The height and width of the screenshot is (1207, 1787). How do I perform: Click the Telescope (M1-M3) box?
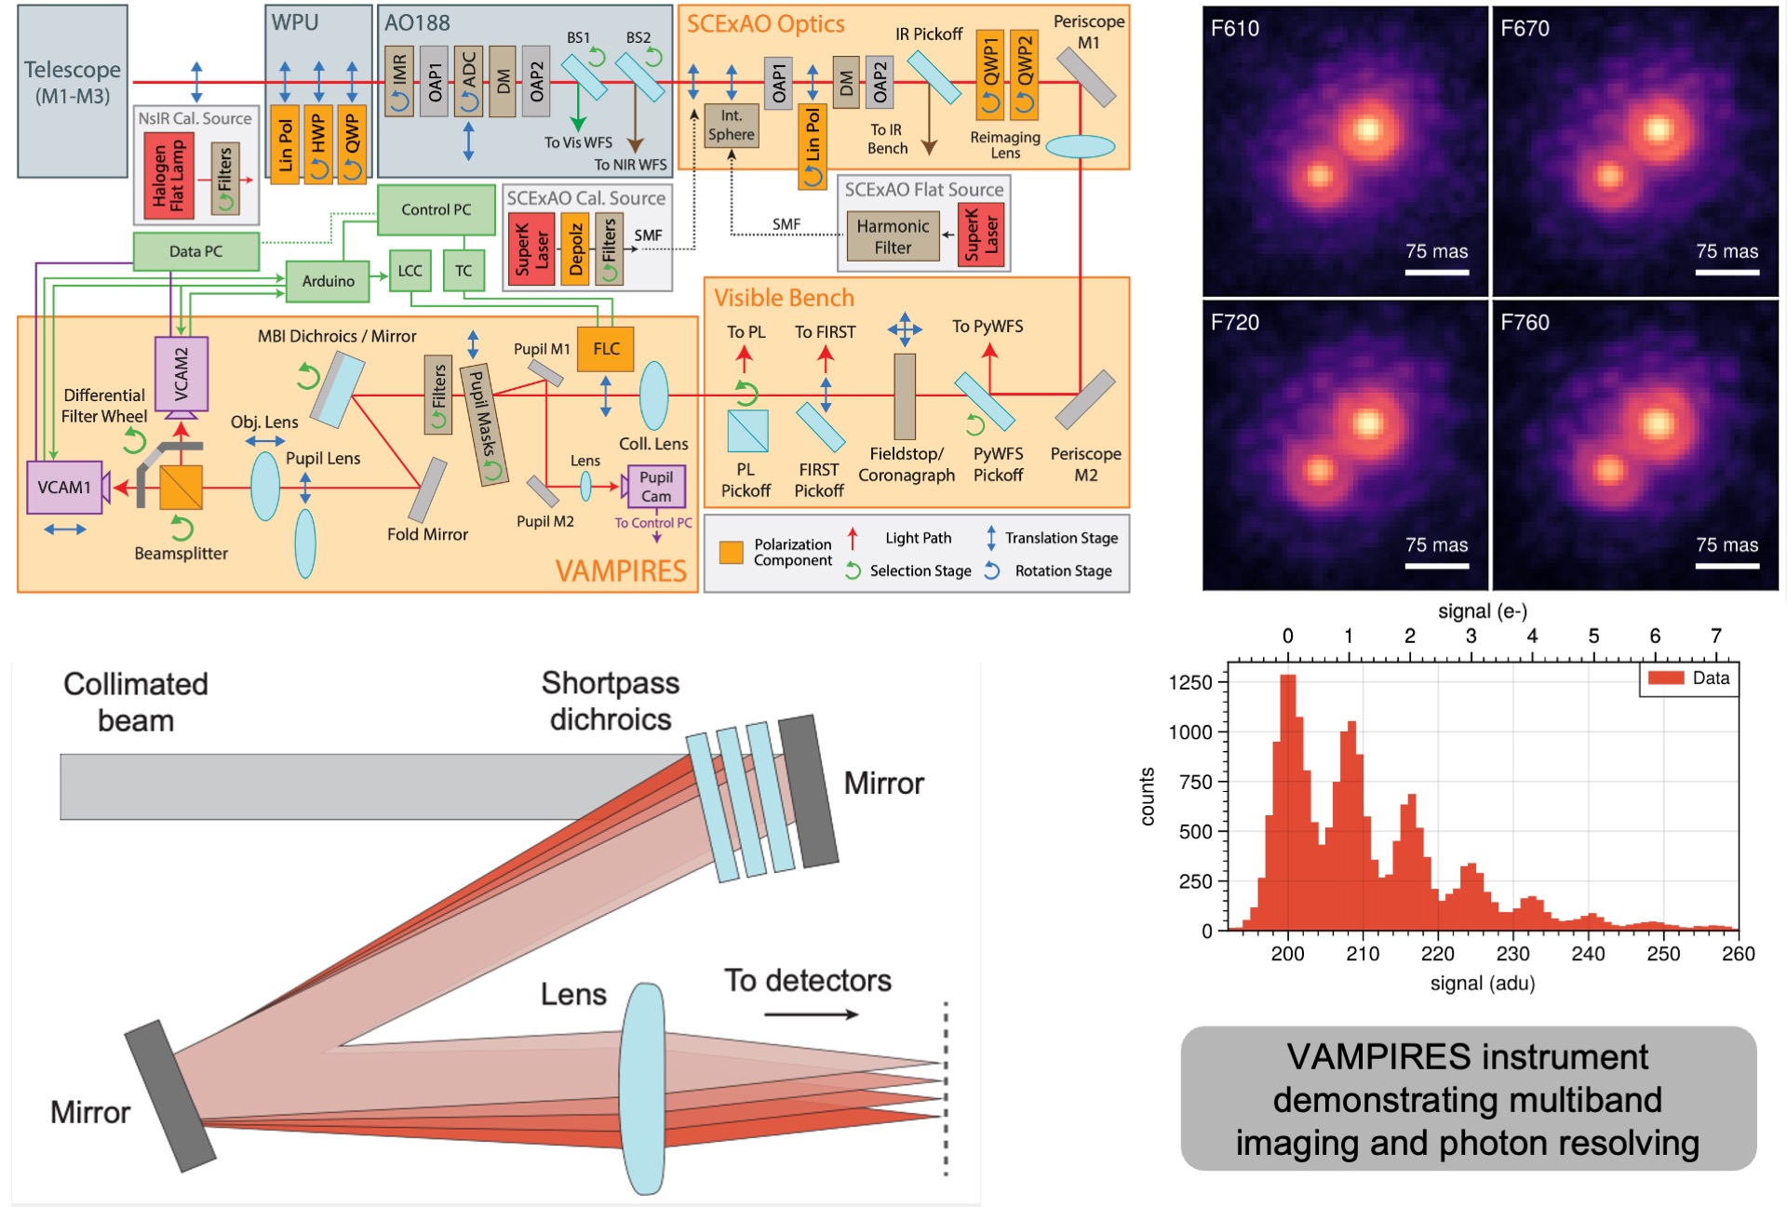[73, 90]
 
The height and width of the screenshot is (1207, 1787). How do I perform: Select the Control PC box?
[436, 209]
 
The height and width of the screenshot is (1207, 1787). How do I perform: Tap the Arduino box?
[328, 280]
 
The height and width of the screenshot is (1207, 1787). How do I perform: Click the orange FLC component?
[606, 349]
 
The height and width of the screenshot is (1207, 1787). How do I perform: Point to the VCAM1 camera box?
[64, 487]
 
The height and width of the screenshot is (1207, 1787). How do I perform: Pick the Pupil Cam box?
[656, 487]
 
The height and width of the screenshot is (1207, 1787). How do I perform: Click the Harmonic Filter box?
[893, 237]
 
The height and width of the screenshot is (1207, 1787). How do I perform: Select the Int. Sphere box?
[731, 126]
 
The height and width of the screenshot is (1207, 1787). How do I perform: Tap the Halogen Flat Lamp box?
[169, 176]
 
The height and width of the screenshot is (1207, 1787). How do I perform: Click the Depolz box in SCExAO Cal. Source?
[576, 248]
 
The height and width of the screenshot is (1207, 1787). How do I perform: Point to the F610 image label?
[1235, 29]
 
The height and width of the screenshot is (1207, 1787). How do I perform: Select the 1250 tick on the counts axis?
[1190, 682]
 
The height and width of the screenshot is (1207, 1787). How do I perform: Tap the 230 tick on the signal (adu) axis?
[1512, 954]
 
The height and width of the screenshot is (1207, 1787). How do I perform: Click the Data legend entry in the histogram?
[1688, 678]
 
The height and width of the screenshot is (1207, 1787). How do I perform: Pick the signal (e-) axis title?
[1483, 611]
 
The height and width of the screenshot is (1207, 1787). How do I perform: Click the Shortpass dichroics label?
[611, 701]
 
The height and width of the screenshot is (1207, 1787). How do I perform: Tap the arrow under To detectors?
[811, 1014]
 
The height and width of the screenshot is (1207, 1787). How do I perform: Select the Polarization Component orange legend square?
[732, 553]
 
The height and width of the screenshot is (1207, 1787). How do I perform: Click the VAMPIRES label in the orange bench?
[621, 570]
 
